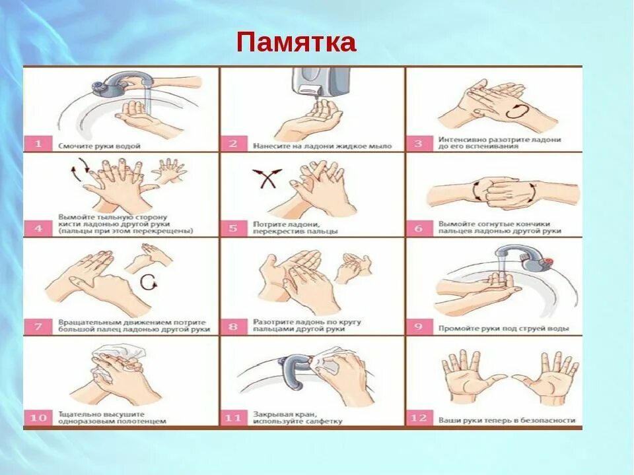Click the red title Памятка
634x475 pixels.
pos(296,42)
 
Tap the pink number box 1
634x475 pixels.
pos(38,143)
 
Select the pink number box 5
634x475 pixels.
pos(233,228)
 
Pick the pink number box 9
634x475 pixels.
pos(419,327)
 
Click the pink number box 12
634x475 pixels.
pos(419,418)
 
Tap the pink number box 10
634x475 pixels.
pos(38,418)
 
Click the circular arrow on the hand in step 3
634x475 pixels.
pos(516,111)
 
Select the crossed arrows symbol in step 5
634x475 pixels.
pos(267,178)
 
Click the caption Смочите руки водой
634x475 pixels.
pos(100,146)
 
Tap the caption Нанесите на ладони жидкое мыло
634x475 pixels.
pos(322,146)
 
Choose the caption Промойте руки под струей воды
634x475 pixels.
pos(504,329)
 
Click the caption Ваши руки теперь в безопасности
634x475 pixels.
pos(507,420)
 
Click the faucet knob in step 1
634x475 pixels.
pos(100,86)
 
